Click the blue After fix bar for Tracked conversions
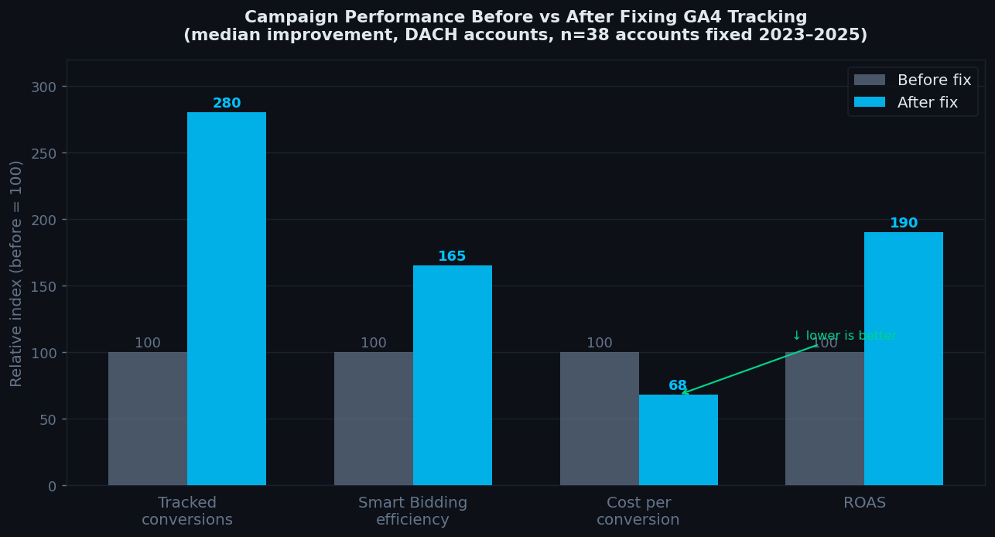226,299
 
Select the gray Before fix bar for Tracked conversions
148,419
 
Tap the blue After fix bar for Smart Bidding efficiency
452,375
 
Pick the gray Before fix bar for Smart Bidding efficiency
374,419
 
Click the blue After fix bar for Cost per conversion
678,440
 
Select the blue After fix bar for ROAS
903,359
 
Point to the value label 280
227,104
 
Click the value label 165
452,257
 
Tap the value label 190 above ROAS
903,224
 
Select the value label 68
677,385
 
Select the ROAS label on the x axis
864,503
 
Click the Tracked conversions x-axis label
187,511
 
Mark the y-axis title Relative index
16,273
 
